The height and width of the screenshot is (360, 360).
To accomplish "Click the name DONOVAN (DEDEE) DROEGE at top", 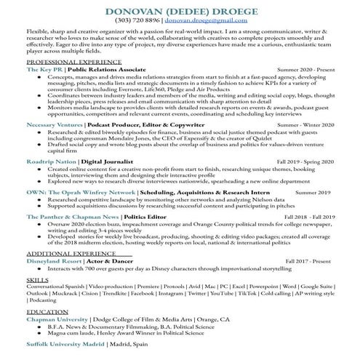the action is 180,12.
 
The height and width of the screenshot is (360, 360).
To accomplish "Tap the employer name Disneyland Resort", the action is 54,260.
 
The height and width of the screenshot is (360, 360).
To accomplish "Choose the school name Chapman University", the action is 55,318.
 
